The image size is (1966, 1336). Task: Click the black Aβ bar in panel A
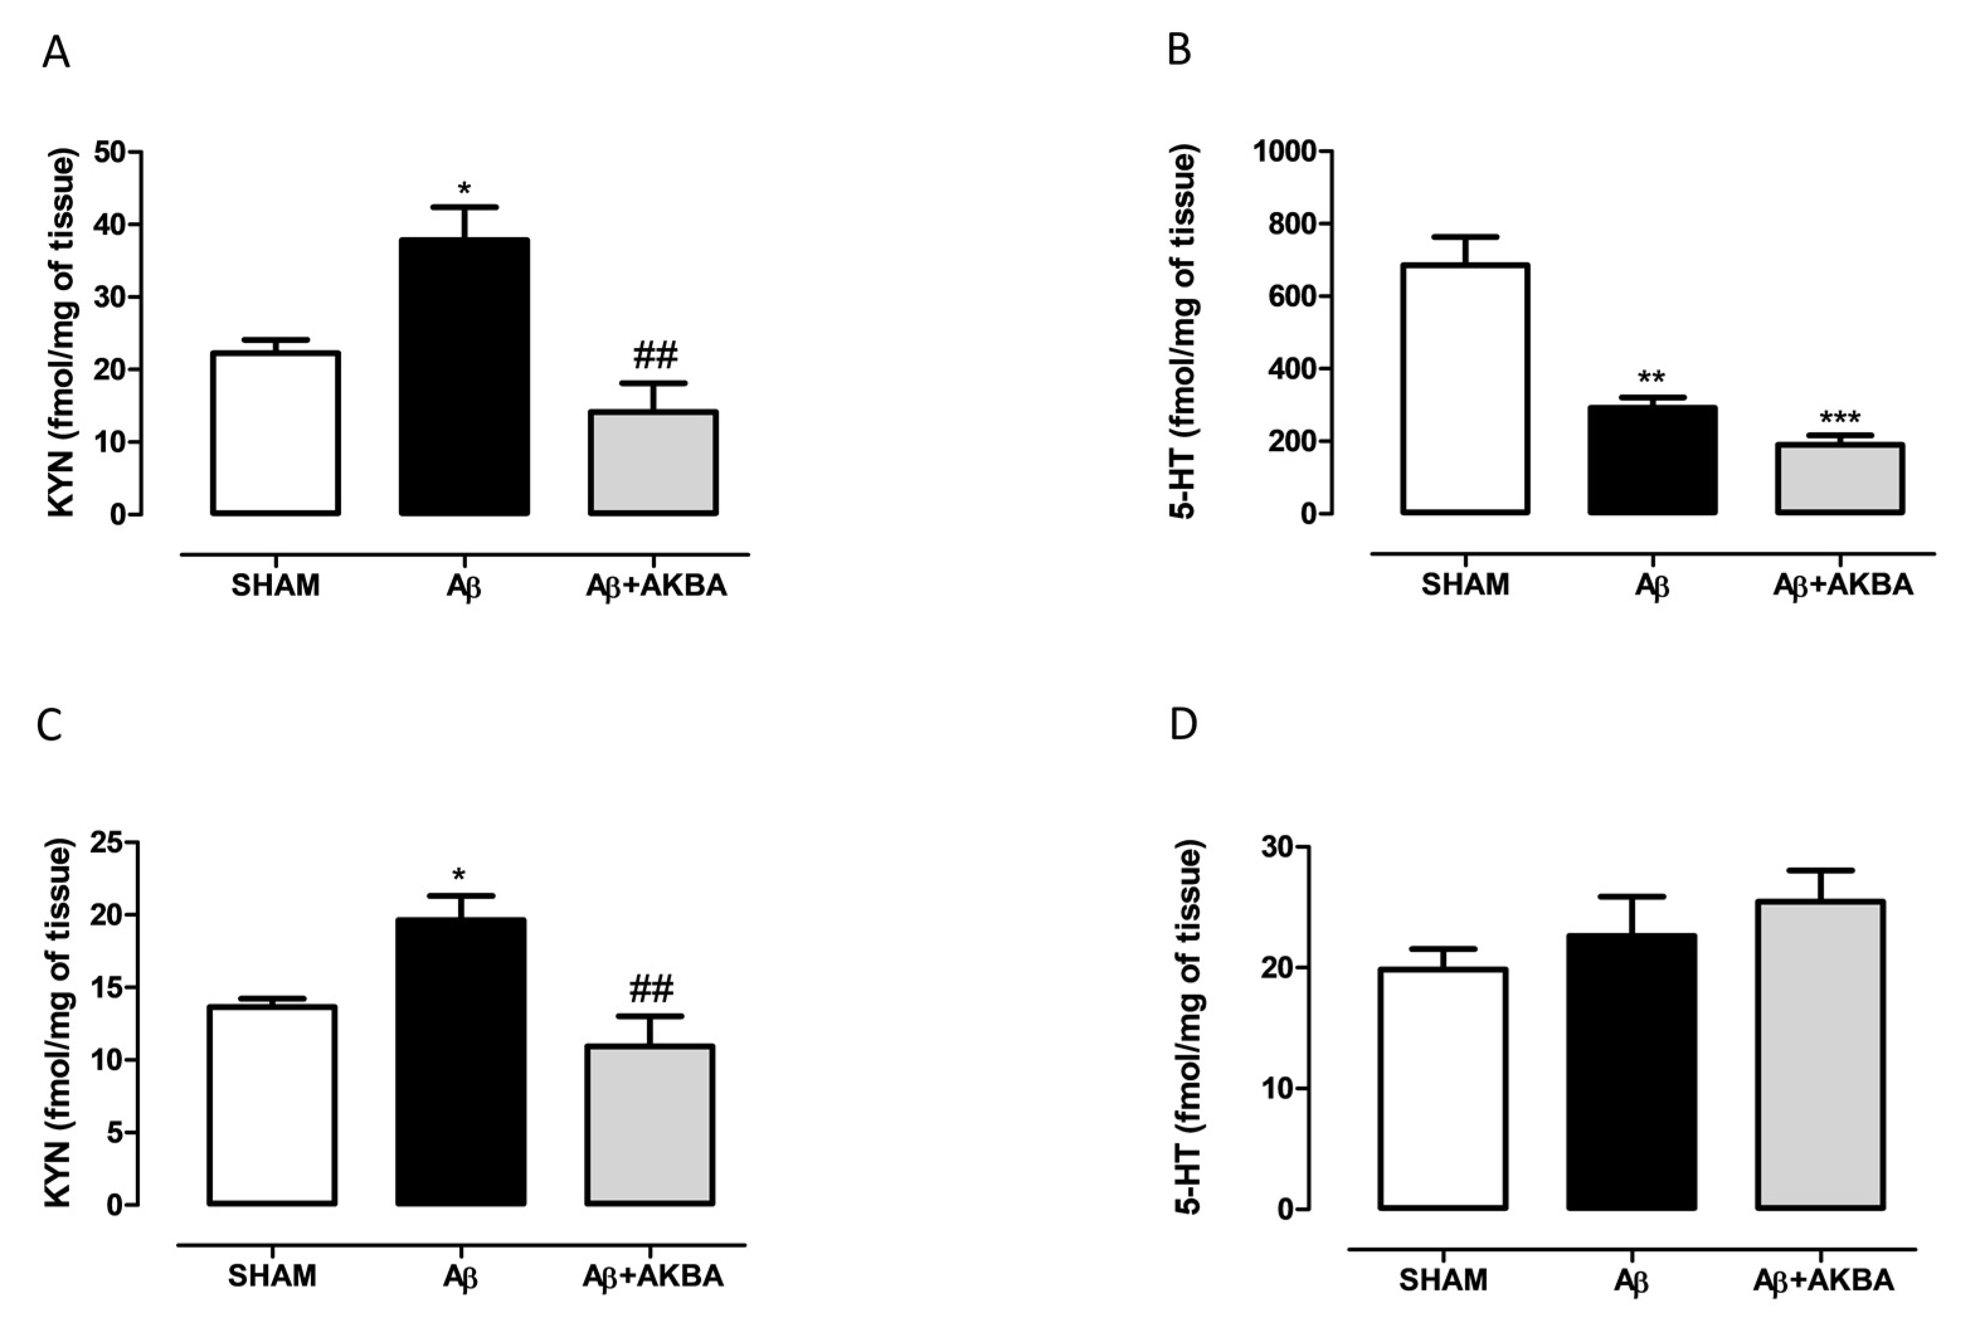coord(464,376)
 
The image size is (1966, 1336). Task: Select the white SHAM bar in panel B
coord(1465,389)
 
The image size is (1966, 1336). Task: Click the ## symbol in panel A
coord(654,356)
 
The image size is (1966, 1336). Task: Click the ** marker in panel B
coord(1651,377)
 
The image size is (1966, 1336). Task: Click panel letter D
coord(1182,725)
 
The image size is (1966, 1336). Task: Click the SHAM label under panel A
coord(275,585)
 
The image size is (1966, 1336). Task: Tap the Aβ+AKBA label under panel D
coord(1822,1280)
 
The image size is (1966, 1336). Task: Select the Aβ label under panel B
coord(1651,585)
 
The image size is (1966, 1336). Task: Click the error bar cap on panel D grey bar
coord(1821,870)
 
